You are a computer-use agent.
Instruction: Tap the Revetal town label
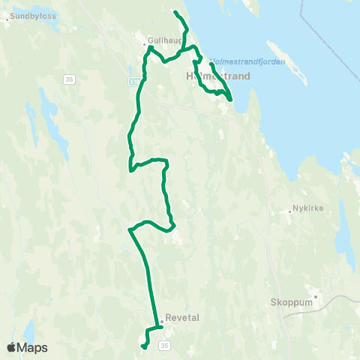point(181,317)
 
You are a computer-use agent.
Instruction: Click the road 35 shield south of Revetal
point(165,344)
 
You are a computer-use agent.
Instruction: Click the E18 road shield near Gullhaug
point(133,79)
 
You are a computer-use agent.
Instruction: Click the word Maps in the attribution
point(34,347)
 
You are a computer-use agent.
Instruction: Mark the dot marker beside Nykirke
point(289,211)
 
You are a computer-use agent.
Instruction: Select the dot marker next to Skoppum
point(316,296)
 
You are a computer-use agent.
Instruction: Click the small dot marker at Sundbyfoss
point(7,20)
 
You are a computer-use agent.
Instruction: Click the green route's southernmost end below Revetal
point(142,346)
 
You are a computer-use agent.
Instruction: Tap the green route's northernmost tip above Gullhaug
point(175,12)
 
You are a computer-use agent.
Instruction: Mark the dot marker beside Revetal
point(161,321)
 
